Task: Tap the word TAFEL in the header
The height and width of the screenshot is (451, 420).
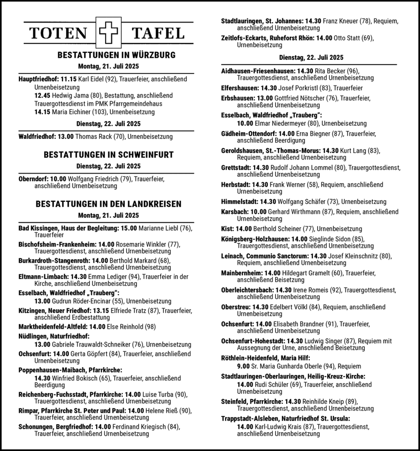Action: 159,34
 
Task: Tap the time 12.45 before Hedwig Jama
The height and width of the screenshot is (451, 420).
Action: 43,96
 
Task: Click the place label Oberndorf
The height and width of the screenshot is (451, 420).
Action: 34,179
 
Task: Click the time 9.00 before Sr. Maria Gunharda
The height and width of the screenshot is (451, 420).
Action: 243,366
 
